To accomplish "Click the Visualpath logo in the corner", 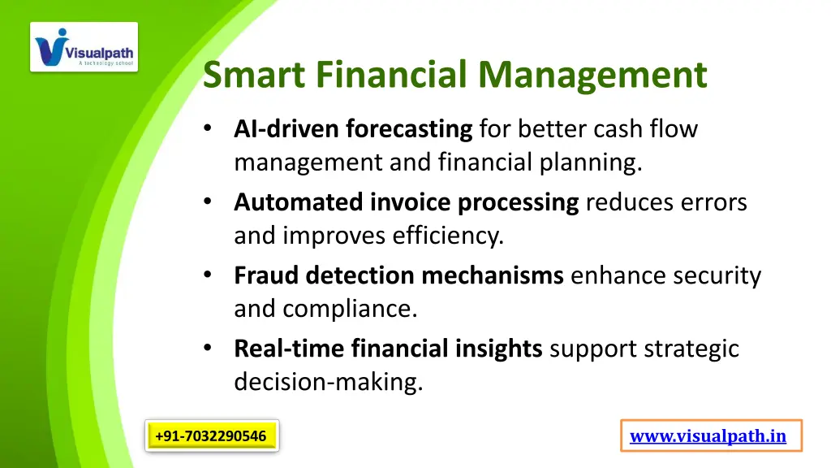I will [84, 47].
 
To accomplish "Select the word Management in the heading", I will [592, 76].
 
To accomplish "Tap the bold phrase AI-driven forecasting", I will [353, 129].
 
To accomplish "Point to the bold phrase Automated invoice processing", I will [406, 202].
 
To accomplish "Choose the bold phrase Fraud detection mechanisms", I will [398, 275].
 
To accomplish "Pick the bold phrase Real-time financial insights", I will [388, 349].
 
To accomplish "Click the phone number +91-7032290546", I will [211, 436].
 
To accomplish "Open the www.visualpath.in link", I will [708, 436].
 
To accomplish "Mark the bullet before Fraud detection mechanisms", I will [209, 276].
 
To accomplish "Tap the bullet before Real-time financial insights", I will [209, 349].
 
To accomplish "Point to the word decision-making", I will [328, 383].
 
